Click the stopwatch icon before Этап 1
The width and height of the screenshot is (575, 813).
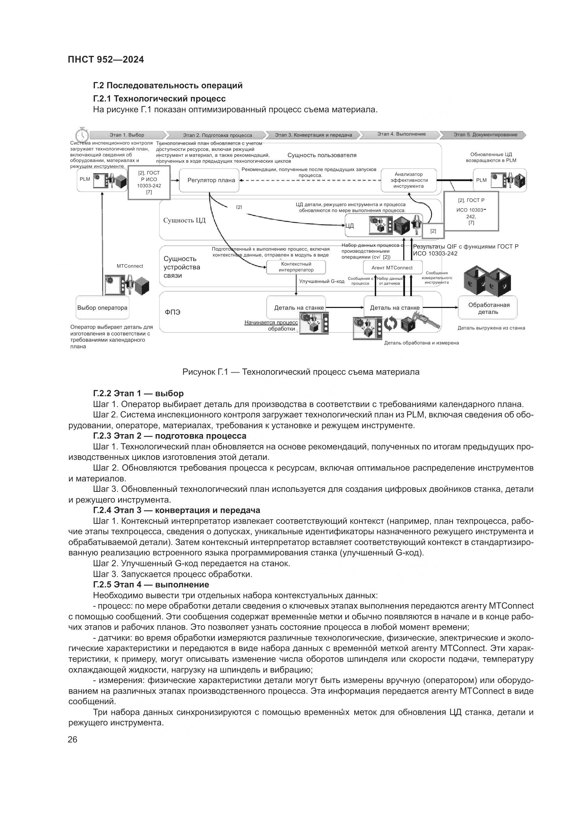click(x=81, y=135)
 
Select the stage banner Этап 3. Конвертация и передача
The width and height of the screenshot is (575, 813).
click(x=313, y=135)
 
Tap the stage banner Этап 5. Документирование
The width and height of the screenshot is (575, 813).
click(x=485, y=135)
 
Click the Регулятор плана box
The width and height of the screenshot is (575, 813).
click(x=209, y=180)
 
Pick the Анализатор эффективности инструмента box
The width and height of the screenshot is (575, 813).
click(x=408, y=180)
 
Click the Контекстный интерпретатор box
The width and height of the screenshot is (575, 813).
click(x=296, y=267)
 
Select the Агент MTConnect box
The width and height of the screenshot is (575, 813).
click(x=392, y=268)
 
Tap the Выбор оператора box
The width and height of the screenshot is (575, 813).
click(x=102, y=308)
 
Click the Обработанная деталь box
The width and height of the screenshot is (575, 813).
click(x=488, y=308)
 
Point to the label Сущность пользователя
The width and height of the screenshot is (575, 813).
click(x=322, y=155)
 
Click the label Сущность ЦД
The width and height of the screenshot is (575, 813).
click(x=184, y=220)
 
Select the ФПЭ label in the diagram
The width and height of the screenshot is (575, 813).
click(x=172, y=312)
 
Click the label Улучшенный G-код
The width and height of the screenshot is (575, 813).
click(x=322, y=281)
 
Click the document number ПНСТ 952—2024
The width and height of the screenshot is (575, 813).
click(x=106, y=59)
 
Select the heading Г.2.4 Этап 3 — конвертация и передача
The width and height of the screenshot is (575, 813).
click(x=176, y=510)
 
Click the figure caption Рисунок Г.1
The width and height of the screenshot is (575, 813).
click(x=301, y=372)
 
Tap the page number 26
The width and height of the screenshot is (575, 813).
click(x=73, y=740)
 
